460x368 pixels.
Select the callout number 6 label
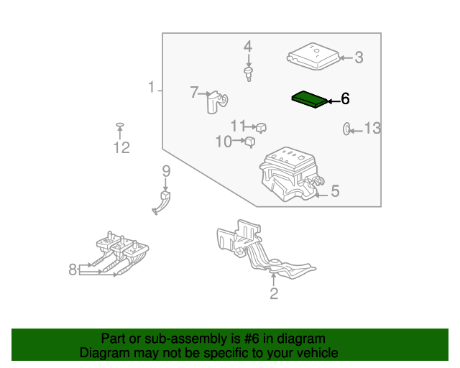pos(345,98)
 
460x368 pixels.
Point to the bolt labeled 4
pos(248,74)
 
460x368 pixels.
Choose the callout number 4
pos(248,47)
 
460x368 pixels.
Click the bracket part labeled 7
pos(213,101)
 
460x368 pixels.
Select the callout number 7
pos(194,92)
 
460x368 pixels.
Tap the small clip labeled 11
pos(262,128)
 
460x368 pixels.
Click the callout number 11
pos(238,126)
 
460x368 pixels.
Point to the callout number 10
pos(224,142)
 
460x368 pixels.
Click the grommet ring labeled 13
pos(346,129)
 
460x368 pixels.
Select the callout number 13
pos(372,129)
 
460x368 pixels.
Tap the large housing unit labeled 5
pos(287,172)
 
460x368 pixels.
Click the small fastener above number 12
pos(120,126)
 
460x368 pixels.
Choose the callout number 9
pos(165,171)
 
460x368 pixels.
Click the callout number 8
pos(73,270)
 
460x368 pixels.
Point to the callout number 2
pos(274,293)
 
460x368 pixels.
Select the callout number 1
pos(151,88)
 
